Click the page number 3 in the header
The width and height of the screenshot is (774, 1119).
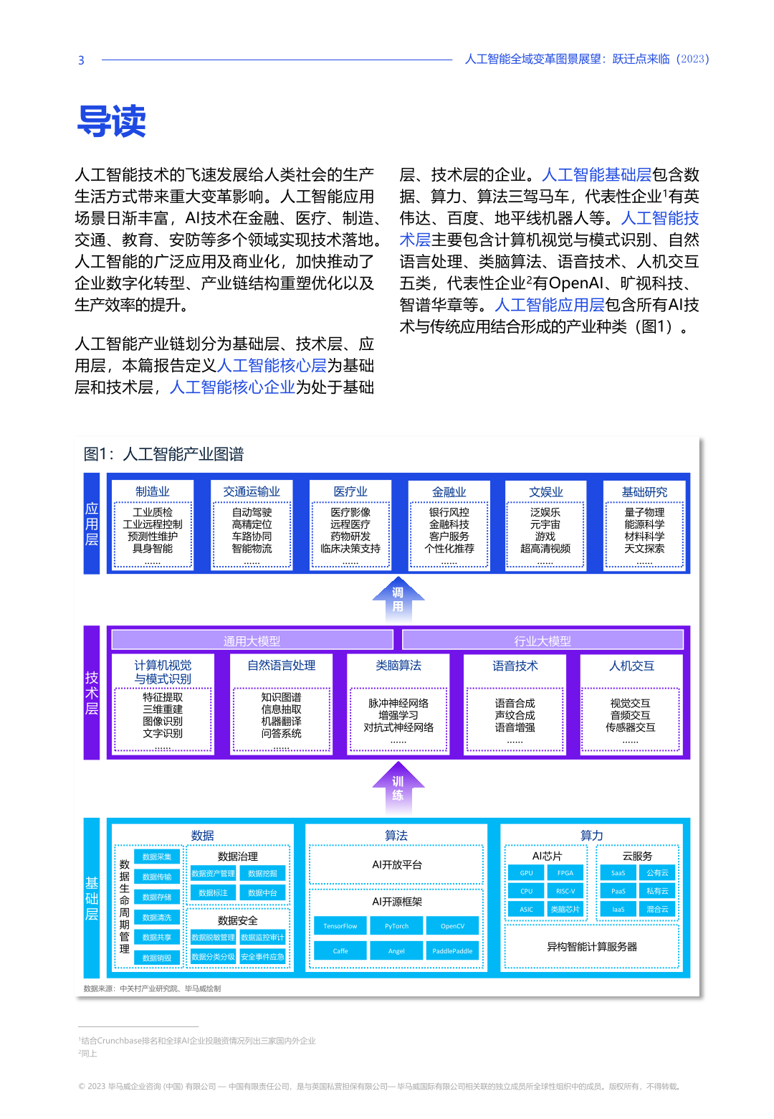point(81,60)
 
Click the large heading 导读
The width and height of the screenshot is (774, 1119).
point(112,121)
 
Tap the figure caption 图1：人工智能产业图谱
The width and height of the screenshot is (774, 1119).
point(163,454)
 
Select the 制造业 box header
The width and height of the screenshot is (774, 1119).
point(153,491)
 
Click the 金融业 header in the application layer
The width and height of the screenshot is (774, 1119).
point(449,492)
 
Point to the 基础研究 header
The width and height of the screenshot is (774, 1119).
point(644,492)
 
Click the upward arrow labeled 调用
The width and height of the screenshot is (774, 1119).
point(398,599)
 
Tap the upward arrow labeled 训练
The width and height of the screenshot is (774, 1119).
point(398,788)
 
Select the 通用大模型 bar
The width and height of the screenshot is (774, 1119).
point(252,641)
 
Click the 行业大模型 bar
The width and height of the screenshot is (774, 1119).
point(543,641)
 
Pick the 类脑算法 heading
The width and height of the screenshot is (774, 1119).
point(398,666)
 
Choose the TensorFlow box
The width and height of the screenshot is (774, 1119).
point(340,926)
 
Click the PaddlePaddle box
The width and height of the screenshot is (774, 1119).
point(452,951)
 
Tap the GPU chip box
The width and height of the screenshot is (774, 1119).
point(527,873)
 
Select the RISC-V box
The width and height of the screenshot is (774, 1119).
point(565,891)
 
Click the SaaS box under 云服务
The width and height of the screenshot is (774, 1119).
point(618,873)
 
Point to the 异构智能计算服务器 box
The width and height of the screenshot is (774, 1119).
point(592,947)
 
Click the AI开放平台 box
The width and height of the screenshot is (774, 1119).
point(397,865)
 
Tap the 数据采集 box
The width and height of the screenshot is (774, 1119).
point(157,856)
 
